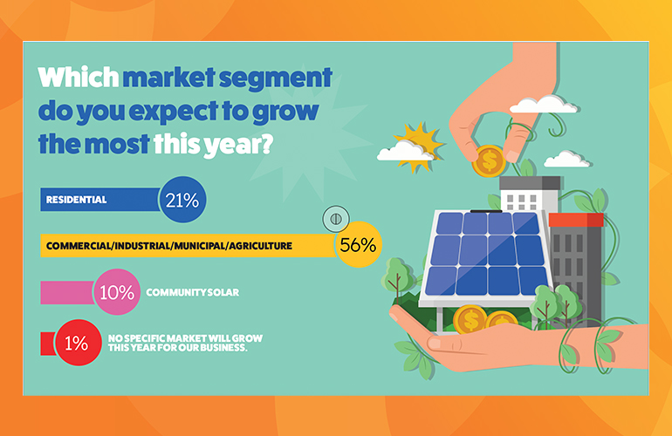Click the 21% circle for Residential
182,200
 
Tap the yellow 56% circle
358,244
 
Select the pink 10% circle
117,292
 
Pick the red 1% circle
78,343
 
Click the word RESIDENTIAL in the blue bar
76,200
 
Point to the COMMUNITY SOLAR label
192,292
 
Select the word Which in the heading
78,77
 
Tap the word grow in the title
285,112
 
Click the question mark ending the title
265,144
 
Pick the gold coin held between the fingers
489,161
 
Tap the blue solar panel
485,255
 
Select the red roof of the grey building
576,220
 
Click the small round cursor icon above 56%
336,219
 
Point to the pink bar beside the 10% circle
67,292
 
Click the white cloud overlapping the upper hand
544,105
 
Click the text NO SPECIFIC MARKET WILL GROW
185,338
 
